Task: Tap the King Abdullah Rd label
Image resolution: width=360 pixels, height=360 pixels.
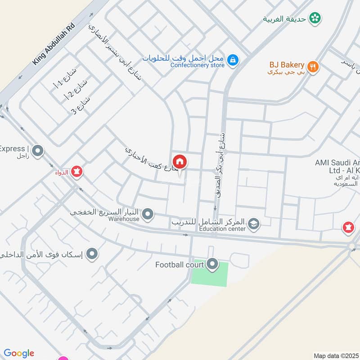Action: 52,45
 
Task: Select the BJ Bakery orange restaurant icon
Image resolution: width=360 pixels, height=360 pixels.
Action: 313,67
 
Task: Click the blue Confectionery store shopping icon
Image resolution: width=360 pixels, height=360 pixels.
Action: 233,60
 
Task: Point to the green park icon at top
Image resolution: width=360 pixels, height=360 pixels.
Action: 315,18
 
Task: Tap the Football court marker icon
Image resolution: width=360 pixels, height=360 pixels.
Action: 212,265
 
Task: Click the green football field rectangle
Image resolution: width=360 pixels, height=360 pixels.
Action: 210,273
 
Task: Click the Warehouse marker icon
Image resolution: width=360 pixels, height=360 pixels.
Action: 148,215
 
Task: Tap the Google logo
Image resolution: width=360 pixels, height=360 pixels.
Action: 19,353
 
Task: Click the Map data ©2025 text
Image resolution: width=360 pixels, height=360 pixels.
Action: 336,355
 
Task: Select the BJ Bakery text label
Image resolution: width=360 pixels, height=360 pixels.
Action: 287,65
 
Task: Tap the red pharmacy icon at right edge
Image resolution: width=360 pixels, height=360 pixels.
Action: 348,228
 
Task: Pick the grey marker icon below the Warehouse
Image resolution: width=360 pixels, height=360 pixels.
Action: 92,254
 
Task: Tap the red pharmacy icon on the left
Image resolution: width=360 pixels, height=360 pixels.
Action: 76,171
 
